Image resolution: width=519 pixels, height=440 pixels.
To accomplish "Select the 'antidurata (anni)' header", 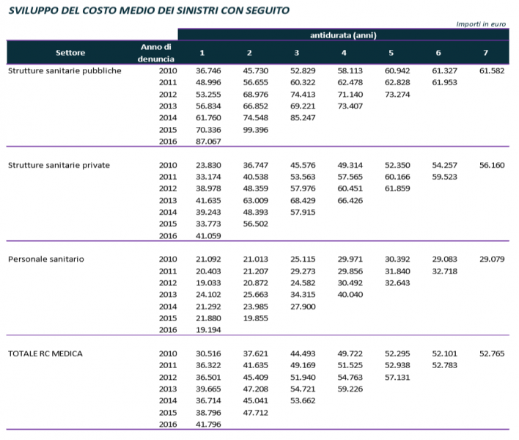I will coord(344,34).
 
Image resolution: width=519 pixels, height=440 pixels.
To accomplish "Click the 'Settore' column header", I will coord(71,52).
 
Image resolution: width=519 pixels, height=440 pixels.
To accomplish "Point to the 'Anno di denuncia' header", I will coord(155,52).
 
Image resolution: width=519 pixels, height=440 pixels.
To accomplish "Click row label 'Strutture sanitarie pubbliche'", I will coord(65,71).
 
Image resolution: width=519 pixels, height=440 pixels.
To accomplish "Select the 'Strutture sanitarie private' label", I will coord(59,165).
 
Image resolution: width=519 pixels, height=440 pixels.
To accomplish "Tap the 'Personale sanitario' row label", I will coord(45,260).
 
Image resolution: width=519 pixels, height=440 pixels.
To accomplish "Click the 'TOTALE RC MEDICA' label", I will coord(45,353).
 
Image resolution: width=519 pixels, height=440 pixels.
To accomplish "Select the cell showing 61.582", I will coord(492,71).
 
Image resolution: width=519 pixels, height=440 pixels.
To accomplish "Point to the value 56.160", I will coord(492,165).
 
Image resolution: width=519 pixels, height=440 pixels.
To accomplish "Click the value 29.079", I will coord(492,260).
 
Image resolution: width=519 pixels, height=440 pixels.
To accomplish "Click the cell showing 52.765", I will coord(492,353).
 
